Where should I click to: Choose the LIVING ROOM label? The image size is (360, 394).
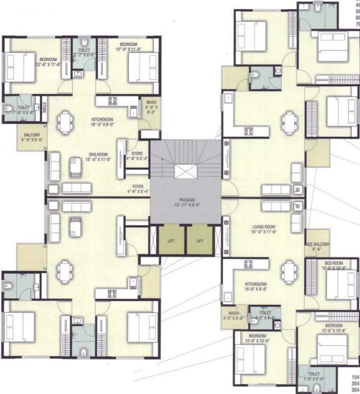click(x=265, y=227)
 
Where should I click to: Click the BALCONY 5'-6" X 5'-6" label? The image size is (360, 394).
click(x=32, y=136)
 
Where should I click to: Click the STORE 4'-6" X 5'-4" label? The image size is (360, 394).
click(x=137, y=155)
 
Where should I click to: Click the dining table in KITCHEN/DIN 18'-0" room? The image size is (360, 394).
click(x=65, y=122)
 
